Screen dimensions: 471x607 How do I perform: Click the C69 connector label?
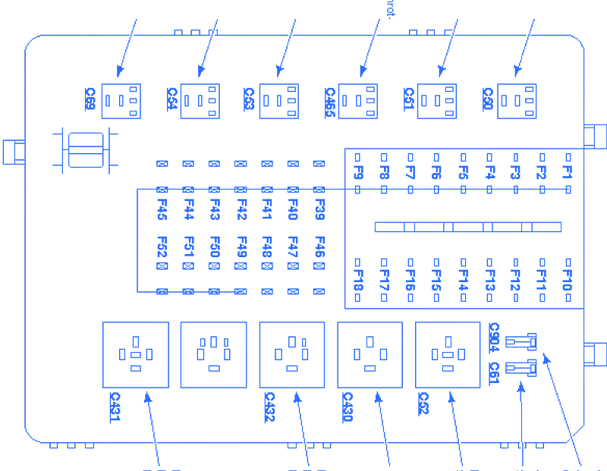click(x=90, y=99)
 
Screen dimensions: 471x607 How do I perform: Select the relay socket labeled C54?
click(x=201, y=101)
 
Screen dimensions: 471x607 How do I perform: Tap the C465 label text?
click(x=329, y=100)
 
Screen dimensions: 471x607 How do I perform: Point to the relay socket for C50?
click(x=517, y=101)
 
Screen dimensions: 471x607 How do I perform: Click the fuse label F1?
click(x=567, y=172)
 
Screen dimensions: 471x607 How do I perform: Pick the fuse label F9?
click(x=359, y=172)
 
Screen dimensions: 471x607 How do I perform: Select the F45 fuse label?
click(x=162, y=209)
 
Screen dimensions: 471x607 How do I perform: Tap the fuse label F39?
click(x=319, y=209)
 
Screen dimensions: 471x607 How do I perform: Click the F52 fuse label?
click(x=162, y=247)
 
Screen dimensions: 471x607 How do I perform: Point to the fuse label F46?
click(x=319, y=247)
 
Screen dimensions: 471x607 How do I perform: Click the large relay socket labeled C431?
click(x=136, y=354)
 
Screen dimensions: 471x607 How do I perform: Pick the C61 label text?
click(x=494, y=372)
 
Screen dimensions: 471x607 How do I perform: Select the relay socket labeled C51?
click(x=439, y=101)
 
